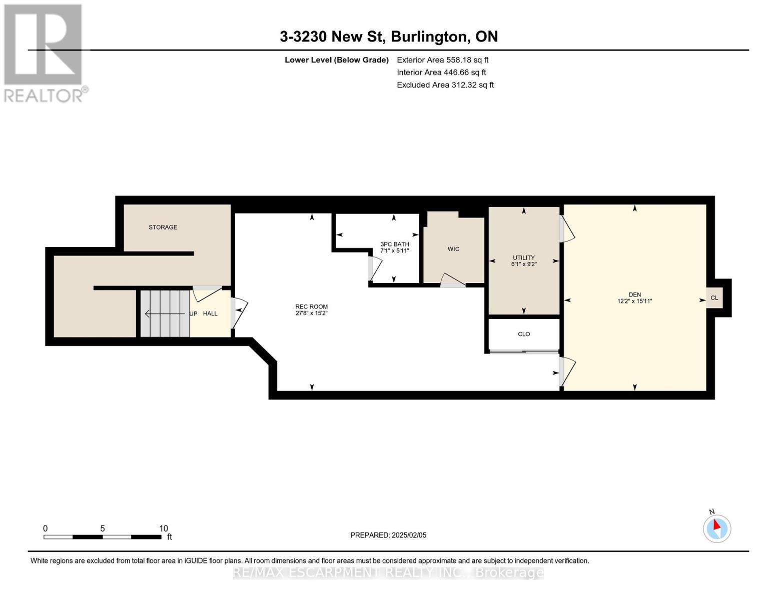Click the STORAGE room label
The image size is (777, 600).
[163, 227]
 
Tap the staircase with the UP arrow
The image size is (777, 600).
[165, 313]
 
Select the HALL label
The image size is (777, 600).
[210, 313]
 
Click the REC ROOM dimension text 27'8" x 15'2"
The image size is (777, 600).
[311, 313]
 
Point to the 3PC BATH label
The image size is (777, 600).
[394, 244]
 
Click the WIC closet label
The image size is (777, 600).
[453, 249]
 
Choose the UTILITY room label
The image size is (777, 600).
[523, 257]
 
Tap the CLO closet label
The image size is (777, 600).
[524, 334]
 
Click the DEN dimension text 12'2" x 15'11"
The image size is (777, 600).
[634, 301]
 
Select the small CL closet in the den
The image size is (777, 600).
[714, 298]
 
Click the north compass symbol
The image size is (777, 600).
[717, 528]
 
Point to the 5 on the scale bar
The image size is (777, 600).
[103, 528]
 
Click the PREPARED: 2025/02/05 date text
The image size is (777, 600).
[388, 535]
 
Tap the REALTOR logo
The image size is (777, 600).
[44, 52]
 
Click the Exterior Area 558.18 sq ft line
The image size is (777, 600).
[442, 60]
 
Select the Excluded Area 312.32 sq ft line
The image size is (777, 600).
[445, 85]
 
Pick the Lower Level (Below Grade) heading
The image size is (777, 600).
[336, 60]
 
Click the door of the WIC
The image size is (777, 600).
[452, 280]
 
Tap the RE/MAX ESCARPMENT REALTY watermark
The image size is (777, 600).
[388, 572]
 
